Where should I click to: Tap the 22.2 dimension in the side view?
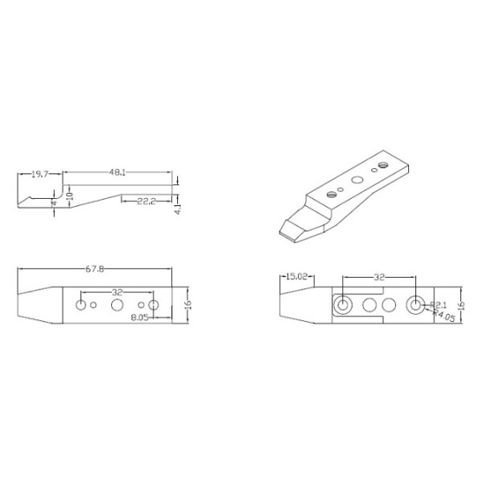(x=146, y=201)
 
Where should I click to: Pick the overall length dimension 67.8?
(x=97, y=271)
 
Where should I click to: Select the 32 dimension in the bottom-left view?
(x=118, y=292)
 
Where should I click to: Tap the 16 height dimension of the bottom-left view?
(x=188, y=306)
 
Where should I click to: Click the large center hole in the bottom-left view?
(x=118, y=305)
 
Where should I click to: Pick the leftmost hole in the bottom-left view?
(x=81, y=305)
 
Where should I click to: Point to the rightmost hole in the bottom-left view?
(x=154, y=305)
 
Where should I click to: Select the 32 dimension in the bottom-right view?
(x=379, y=277)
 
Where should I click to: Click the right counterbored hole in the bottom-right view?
(x=416, y=305)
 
